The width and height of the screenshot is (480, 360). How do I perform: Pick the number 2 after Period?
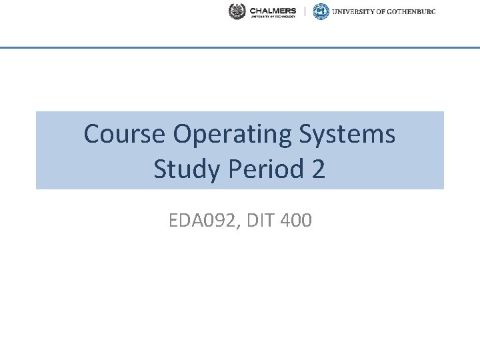pos(318,169)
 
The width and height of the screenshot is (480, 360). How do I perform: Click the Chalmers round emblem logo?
pos(237,11)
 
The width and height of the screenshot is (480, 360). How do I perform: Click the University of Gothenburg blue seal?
pos(321,11)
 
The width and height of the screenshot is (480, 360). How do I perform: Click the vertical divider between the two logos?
pos(305,11)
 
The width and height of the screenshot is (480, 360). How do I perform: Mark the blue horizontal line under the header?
pos(240,48)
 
